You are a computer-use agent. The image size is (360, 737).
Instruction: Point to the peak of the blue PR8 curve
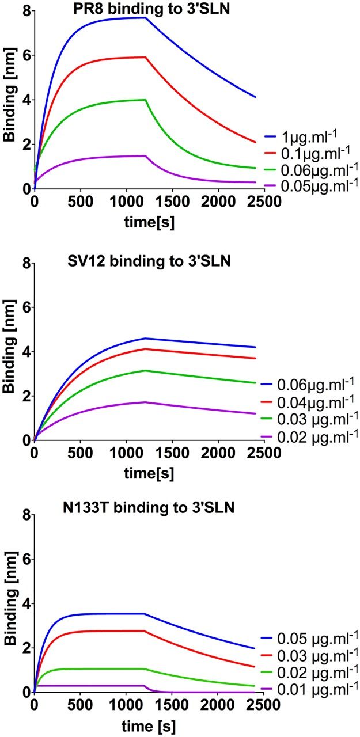point(144,18)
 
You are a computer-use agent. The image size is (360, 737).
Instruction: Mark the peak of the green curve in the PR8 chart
point(144,100)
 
